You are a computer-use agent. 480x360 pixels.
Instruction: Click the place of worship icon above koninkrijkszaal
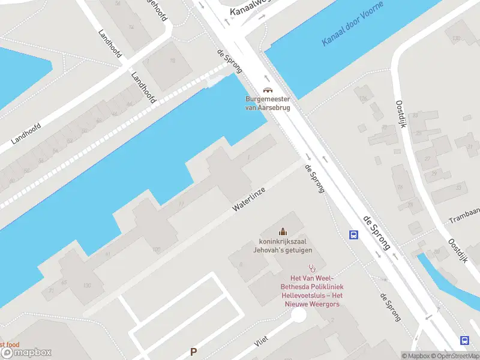[x=282, y=232]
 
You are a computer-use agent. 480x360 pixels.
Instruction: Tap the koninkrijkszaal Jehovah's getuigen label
[x=282, y=246]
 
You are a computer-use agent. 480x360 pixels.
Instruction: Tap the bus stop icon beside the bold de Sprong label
[x=354, y=235]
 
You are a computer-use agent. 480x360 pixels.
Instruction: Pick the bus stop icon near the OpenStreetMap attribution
[x=464, y=340]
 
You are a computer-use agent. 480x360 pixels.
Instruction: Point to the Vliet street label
[x=261, y=341]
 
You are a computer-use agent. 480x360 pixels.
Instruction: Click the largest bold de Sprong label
[x=376, y=232]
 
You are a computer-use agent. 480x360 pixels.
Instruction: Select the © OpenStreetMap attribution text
[x=454, y=356]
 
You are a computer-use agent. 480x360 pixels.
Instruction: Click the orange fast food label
[x=10, y=344]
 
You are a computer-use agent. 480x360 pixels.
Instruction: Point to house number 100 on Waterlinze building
[x=157, y=250]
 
